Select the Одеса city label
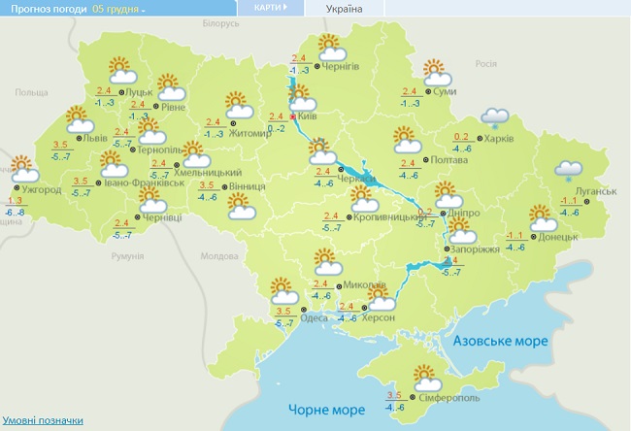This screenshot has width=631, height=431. coord(315,318)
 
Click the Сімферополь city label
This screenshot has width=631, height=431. coord(449,398)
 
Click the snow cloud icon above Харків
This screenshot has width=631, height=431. coord(496,117)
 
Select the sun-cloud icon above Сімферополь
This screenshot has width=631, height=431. coord(425,375)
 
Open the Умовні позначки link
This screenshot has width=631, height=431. coord(42,420)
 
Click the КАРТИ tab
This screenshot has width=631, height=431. coord(270,8)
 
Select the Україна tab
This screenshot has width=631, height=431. coord(345,9)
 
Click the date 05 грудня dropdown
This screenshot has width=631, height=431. coord(119,9)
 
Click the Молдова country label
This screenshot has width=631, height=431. coord(217,256)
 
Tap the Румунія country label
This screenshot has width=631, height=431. coord(127,256)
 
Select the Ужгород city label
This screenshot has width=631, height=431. coord(42,189)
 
